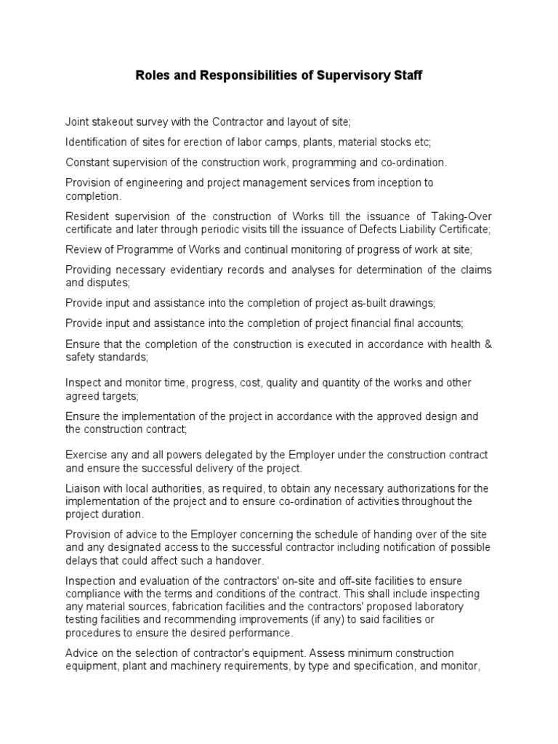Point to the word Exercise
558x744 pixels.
click(85, 455)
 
